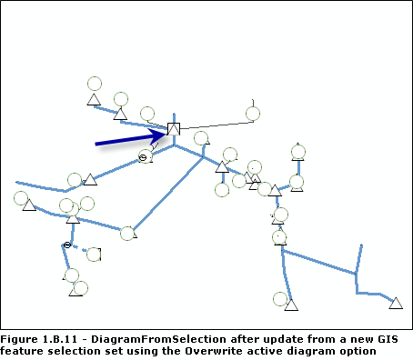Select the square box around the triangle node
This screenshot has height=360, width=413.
tap(174, 129)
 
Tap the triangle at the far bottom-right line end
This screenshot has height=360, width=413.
tap(396, 302)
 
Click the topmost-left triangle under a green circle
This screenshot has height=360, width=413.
tap(92, 99)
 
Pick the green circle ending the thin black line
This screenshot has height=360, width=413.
tap(253, 114)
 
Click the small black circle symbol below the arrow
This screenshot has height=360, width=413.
tap(143, 158)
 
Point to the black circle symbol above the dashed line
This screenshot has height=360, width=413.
tap(67, 245)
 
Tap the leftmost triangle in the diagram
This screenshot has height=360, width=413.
tap(29, 206)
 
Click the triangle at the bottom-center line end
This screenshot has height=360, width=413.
tap(290, 304)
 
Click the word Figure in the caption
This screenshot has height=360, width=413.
tap(21, 338)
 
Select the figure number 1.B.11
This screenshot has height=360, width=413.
tap(63, 338)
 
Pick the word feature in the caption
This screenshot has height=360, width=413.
tap(21, 351)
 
